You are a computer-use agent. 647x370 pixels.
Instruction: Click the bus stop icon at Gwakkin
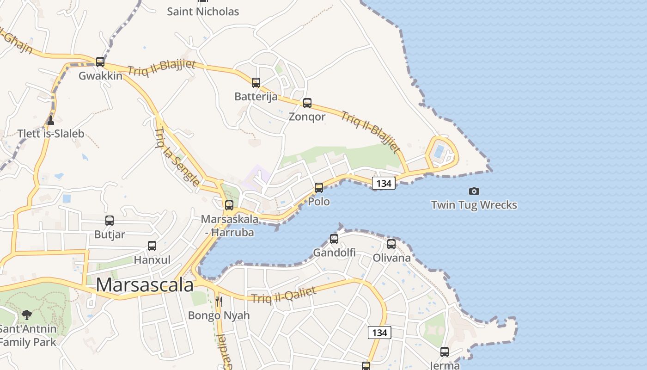click(100, 62)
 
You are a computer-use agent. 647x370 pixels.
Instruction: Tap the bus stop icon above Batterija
click(256, 83)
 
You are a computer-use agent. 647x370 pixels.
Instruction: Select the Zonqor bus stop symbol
click(307, 103)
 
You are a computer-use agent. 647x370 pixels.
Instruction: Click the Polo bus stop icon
click(319, 188)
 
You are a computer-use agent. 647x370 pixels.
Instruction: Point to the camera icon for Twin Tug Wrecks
click(474, 191)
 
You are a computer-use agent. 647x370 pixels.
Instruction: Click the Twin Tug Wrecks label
click(474, 205)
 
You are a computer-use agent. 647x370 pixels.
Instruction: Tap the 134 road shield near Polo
click(384, 184)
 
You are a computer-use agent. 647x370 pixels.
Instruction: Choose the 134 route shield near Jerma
click(379, 333)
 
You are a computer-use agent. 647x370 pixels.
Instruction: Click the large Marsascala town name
click(145, 285)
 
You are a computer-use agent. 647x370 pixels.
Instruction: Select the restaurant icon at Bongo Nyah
click(219, 302)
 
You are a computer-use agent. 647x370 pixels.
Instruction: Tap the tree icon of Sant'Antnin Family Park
click(27, 315)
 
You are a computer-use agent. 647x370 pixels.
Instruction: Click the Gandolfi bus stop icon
click(334, 239)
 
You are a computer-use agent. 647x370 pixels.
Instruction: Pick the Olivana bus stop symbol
click(391, 244)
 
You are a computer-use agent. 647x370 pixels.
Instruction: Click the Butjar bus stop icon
click(110, 221)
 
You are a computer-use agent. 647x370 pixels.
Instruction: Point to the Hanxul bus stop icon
click(152, 246)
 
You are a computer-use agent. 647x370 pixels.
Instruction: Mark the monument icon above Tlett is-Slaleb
click(51, 120)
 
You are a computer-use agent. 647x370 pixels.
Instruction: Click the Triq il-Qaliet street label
click(284, 295)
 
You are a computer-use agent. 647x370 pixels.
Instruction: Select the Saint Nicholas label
click(203, 12)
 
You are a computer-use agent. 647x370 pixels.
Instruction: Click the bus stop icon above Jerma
click(445, 352)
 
